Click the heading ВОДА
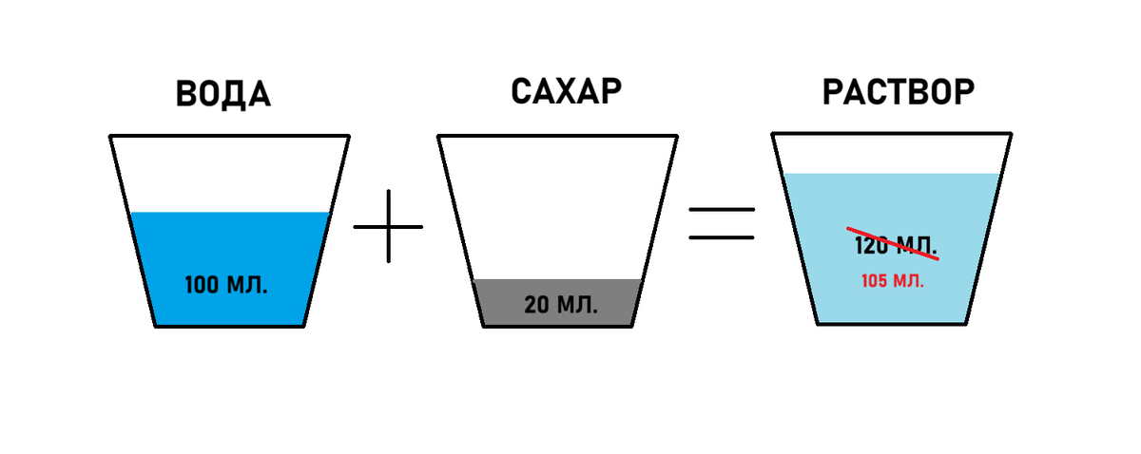[223, 95]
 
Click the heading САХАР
[566, 92]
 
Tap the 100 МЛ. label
[225, 285]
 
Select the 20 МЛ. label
[561, 306]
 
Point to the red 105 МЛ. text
[893, 281]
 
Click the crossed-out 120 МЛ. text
[893, 244]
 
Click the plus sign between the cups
[389, 226]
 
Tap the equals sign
[721, 224]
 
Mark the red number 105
[876, 281]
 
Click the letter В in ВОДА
[189, 95]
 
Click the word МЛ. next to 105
[910, 281]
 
